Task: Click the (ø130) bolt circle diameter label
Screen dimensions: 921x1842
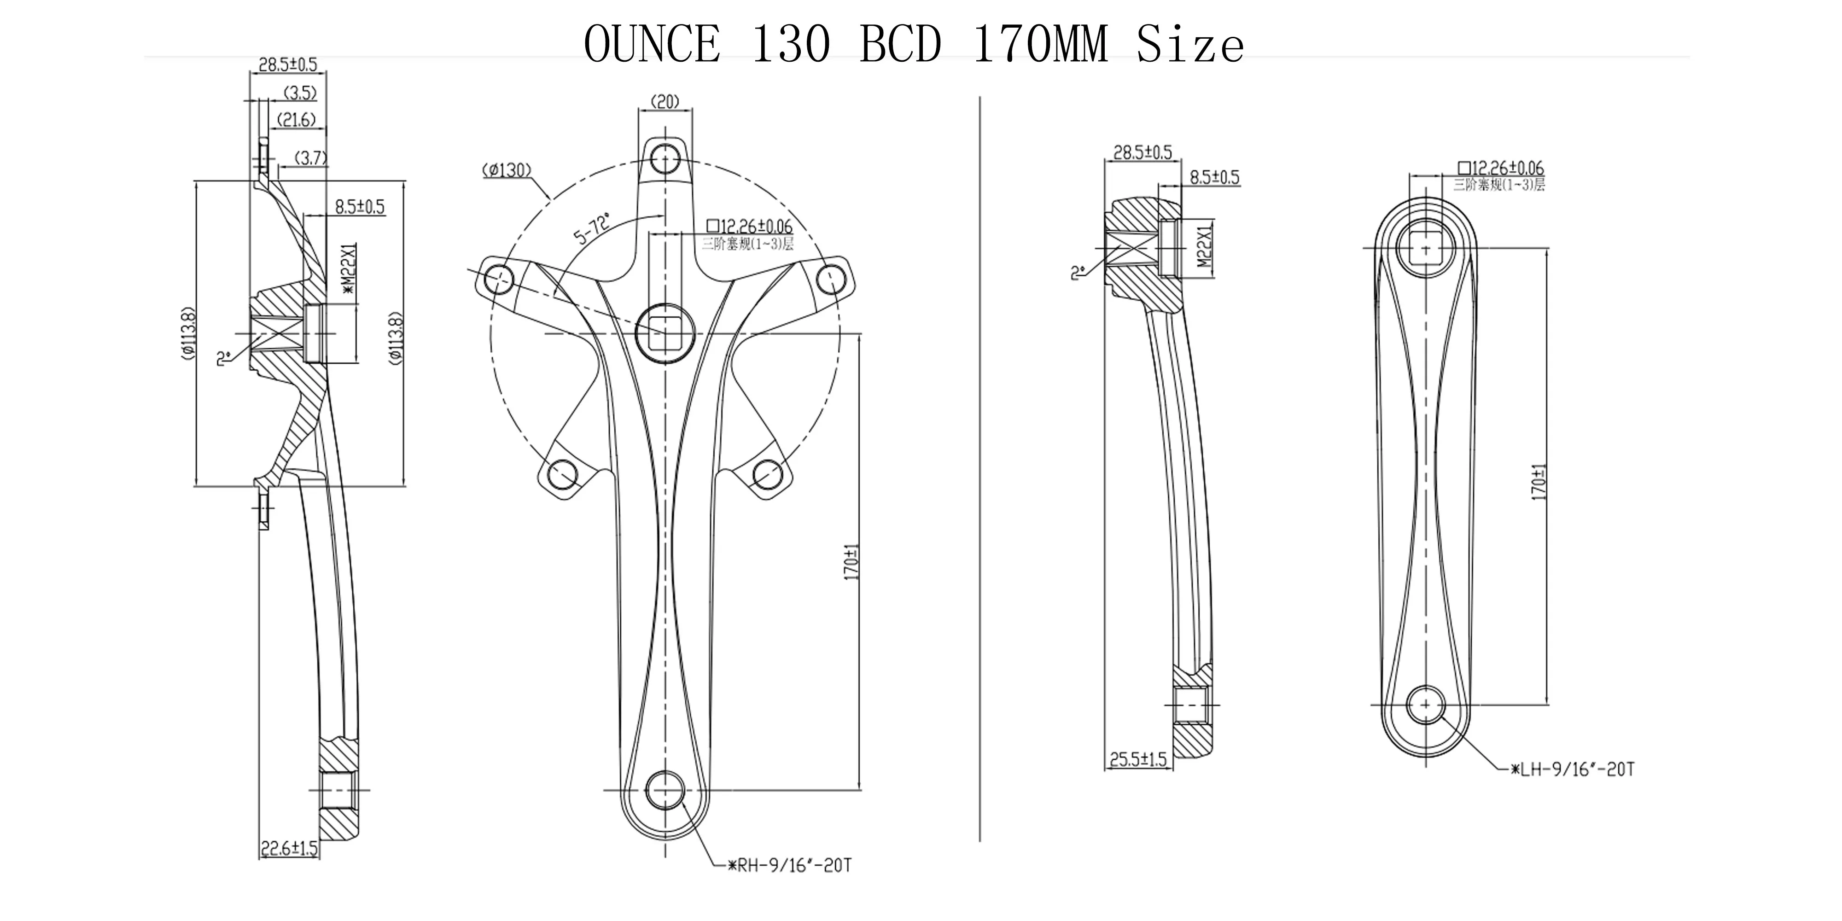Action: (506, 170)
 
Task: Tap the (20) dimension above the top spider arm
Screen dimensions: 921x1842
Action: (665, 102)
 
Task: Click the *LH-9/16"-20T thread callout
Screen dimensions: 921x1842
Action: (1573, 769)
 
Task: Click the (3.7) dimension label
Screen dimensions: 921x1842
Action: (311, 158)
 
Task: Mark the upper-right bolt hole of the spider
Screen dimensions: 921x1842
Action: (831, 279)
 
